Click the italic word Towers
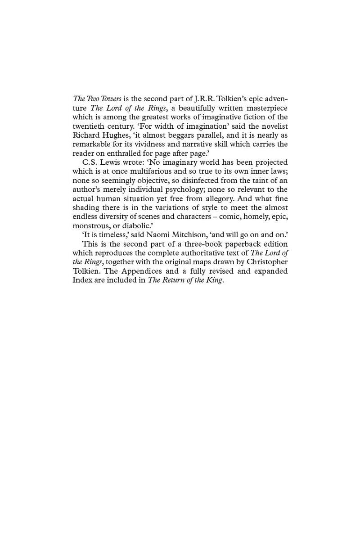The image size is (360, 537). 111,99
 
